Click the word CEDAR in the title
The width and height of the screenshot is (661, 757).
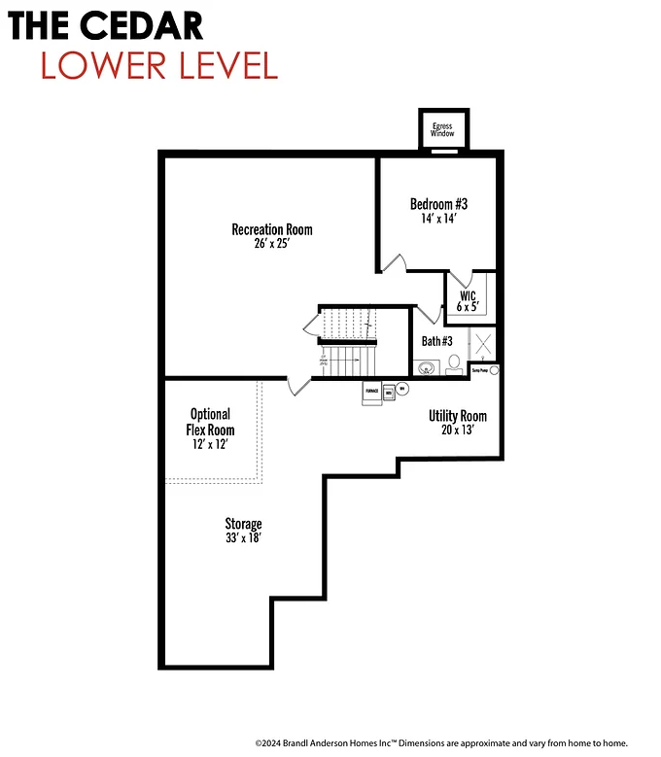click(x=145, y=24)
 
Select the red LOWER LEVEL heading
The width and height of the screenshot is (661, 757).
click(x=159, y=64)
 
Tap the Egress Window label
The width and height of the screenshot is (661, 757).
click(x=443, y=129)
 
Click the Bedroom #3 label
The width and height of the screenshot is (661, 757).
click(x=438, y=204)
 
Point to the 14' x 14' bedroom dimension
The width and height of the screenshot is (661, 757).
click(x=438, y=219)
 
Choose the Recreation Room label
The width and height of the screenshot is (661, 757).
click(x=272, y=229)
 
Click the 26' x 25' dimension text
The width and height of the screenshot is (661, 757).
click(x=272, y=244)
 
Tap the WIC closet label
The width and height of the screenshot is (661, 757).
click(x=468, y=295)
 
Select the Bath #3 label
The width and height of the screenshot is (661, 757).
click(x=436, y=341)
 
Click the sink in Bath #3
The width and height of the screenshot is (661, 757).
click(x=425, y=368)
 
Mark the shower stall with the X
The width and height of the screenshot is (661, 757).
click(x=483, y=343)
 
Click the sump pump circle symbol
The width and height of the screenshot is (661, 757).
click(x=494, y=370)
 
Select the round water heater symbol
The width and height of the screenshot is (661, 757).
click(x=402, y=388)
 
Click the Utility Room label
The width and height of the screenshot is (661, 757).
click(x=458, y=416)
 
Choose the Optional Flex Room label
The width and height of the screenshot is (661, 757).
click(x=211, y=422)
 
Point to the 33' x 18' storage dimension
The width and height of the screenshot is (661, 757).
click(x=243, y=538)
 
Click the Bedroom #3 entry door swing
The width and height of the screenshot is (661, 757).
click(x=392, y=263)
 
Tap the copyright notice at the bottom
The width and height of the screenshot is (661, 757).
click(x=441, y=741)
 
